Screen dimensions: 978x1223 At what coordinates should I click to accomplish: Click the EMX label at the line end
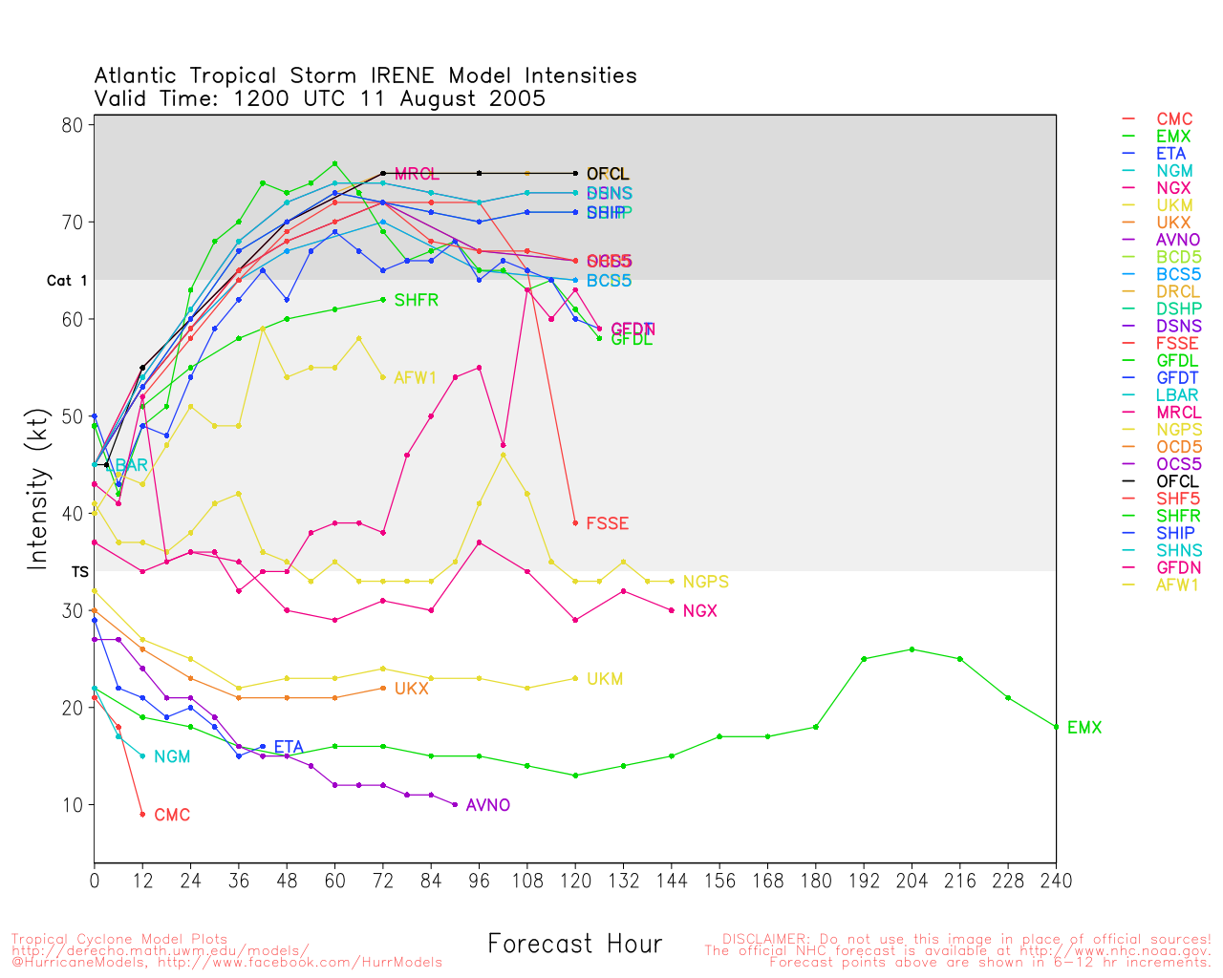pyautogui.click(x=1084, y=728)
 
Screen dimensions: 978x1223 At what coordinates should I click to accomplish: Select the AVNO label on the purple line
pyautogui.click(x=487, y=805)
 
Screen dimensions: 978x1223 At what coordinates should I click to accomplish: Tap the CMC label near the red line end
pyautogui.click(x=172, y=815)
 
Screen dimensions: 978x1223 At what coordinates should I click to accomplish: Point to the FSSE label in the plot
pyautogui.click(x=607, y=523)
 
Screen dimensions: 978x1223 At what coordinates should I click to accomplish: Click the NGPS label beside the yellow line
pyautogui.click(x=705, y=582)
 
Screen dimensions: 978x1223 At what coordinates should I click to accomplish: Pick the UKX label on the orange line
pyautogui.click(x=411, y=689)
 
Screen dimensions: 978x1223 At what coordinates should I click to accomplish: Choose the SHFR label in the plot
pyautogui.click(x=416, y=300)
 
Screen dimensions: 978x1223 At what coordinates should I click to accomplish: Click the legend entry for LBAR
pyautogui.click(x=1177, y=395)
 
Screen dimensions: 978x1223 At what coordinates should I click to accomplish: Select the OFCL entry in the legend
pyautogui.click(x=1177, y=481)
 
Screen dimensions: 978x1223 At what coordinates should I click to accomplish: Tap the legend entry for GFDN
pyautogui.click(x=1178, y=567)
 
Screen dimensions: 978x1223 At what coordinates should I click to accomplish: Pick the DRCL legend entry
pyautogui.click(x=1178, y=291)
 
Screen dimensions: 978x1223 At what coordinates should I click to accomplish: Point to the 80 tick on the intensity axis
pyautogui.click(x=74, y=125)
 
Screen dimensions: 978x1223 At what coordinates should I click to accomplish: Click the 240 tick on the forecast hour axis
pyautogui.click(x=1056, y=881)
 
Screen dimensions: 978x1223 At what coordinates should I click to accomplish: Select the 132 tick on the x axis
pyautogui.click(x=623, y=881)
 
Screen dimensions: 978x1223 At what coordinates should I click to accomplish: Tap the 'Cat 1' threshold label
pyautogui.click(x=67, y=281)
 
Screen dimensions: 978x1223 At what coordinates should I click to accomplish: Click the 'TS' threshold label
pyautogui.click(x=79, y=571)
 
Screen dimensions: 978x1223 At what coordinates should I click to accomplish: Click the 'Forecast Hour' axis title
pyautogui.click(x=574, y=945)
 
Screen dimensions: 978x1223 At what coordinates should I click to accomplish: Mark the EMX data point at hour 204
pyautogui.click(x=912, y=649)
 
